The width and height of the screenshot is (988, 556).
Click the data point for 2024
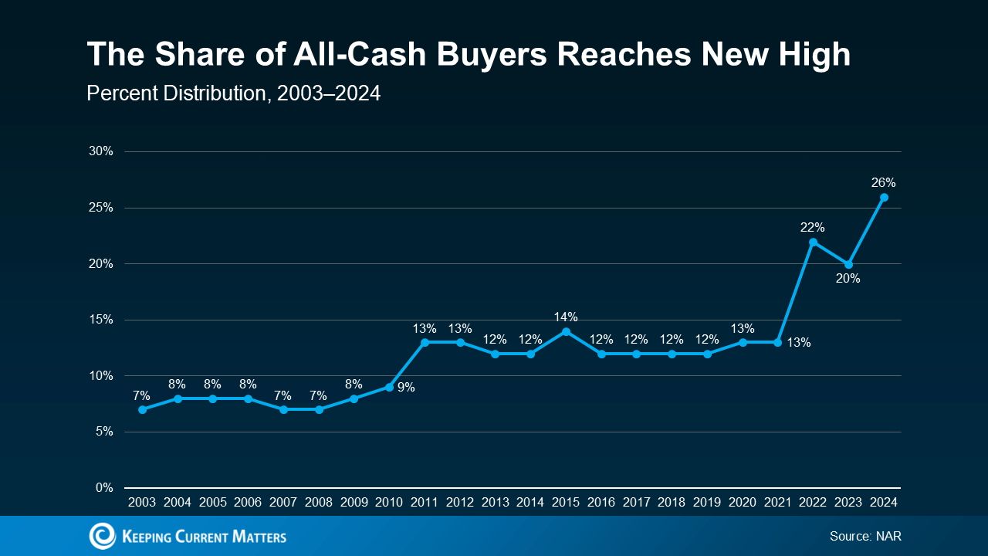pyautogui.click(x=884, y=197)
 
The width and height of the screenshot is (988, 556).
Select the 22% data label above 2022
pyautogui.click(x=813, y=228)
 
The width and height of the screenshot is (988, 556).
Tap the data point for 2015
pyautogui.click(x=566, y=331)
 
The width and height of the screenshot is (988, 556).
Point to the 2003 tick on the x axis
pyautogui.click(x=142, y=502)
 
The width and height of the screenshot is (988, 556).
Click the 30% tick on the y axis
pyautogui.click(x=101, y=151)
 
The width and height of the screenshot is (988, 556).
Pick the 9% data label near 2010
pyautogui.click(x=406, y=388)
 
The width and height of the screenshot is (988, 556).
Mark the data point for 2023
pyautogui.click(x=848, y=264)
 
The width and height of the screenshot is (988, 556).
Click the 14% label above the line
pyautogui.click(x=566, y=317)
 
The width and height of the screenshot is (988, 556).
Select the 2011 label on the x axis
pyautogui.click(x=425, y=502)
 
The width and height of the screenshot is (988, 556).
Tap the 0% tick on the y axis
pyautogui.click(x=104, y=488)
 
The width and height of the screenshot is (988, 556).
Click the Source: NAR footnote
pyautogui.click(x=865, y=536)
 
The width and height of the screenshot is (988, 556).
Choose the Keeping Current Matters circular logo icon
pyautogui.click(x=102, y=536)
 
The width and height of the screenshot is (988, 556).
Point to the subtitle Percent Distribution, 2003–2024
pyautogui.click(x=233, y=93)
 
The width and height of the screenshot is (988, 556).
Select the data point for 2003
pyautogui.click(x=142, y=409)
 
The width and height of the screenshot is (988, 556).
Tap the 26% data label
pyautogui.click(x=884, y=183)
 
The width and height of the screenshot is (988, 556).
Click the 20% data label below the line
pyautogui.click(x=848, y=279)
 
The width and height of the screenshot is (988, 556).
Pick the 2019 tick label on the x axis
pyautogui.click(x=707, y=502)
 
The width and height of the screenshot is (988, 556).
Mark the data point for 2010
pyautogui.click(x=389, y=387)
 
